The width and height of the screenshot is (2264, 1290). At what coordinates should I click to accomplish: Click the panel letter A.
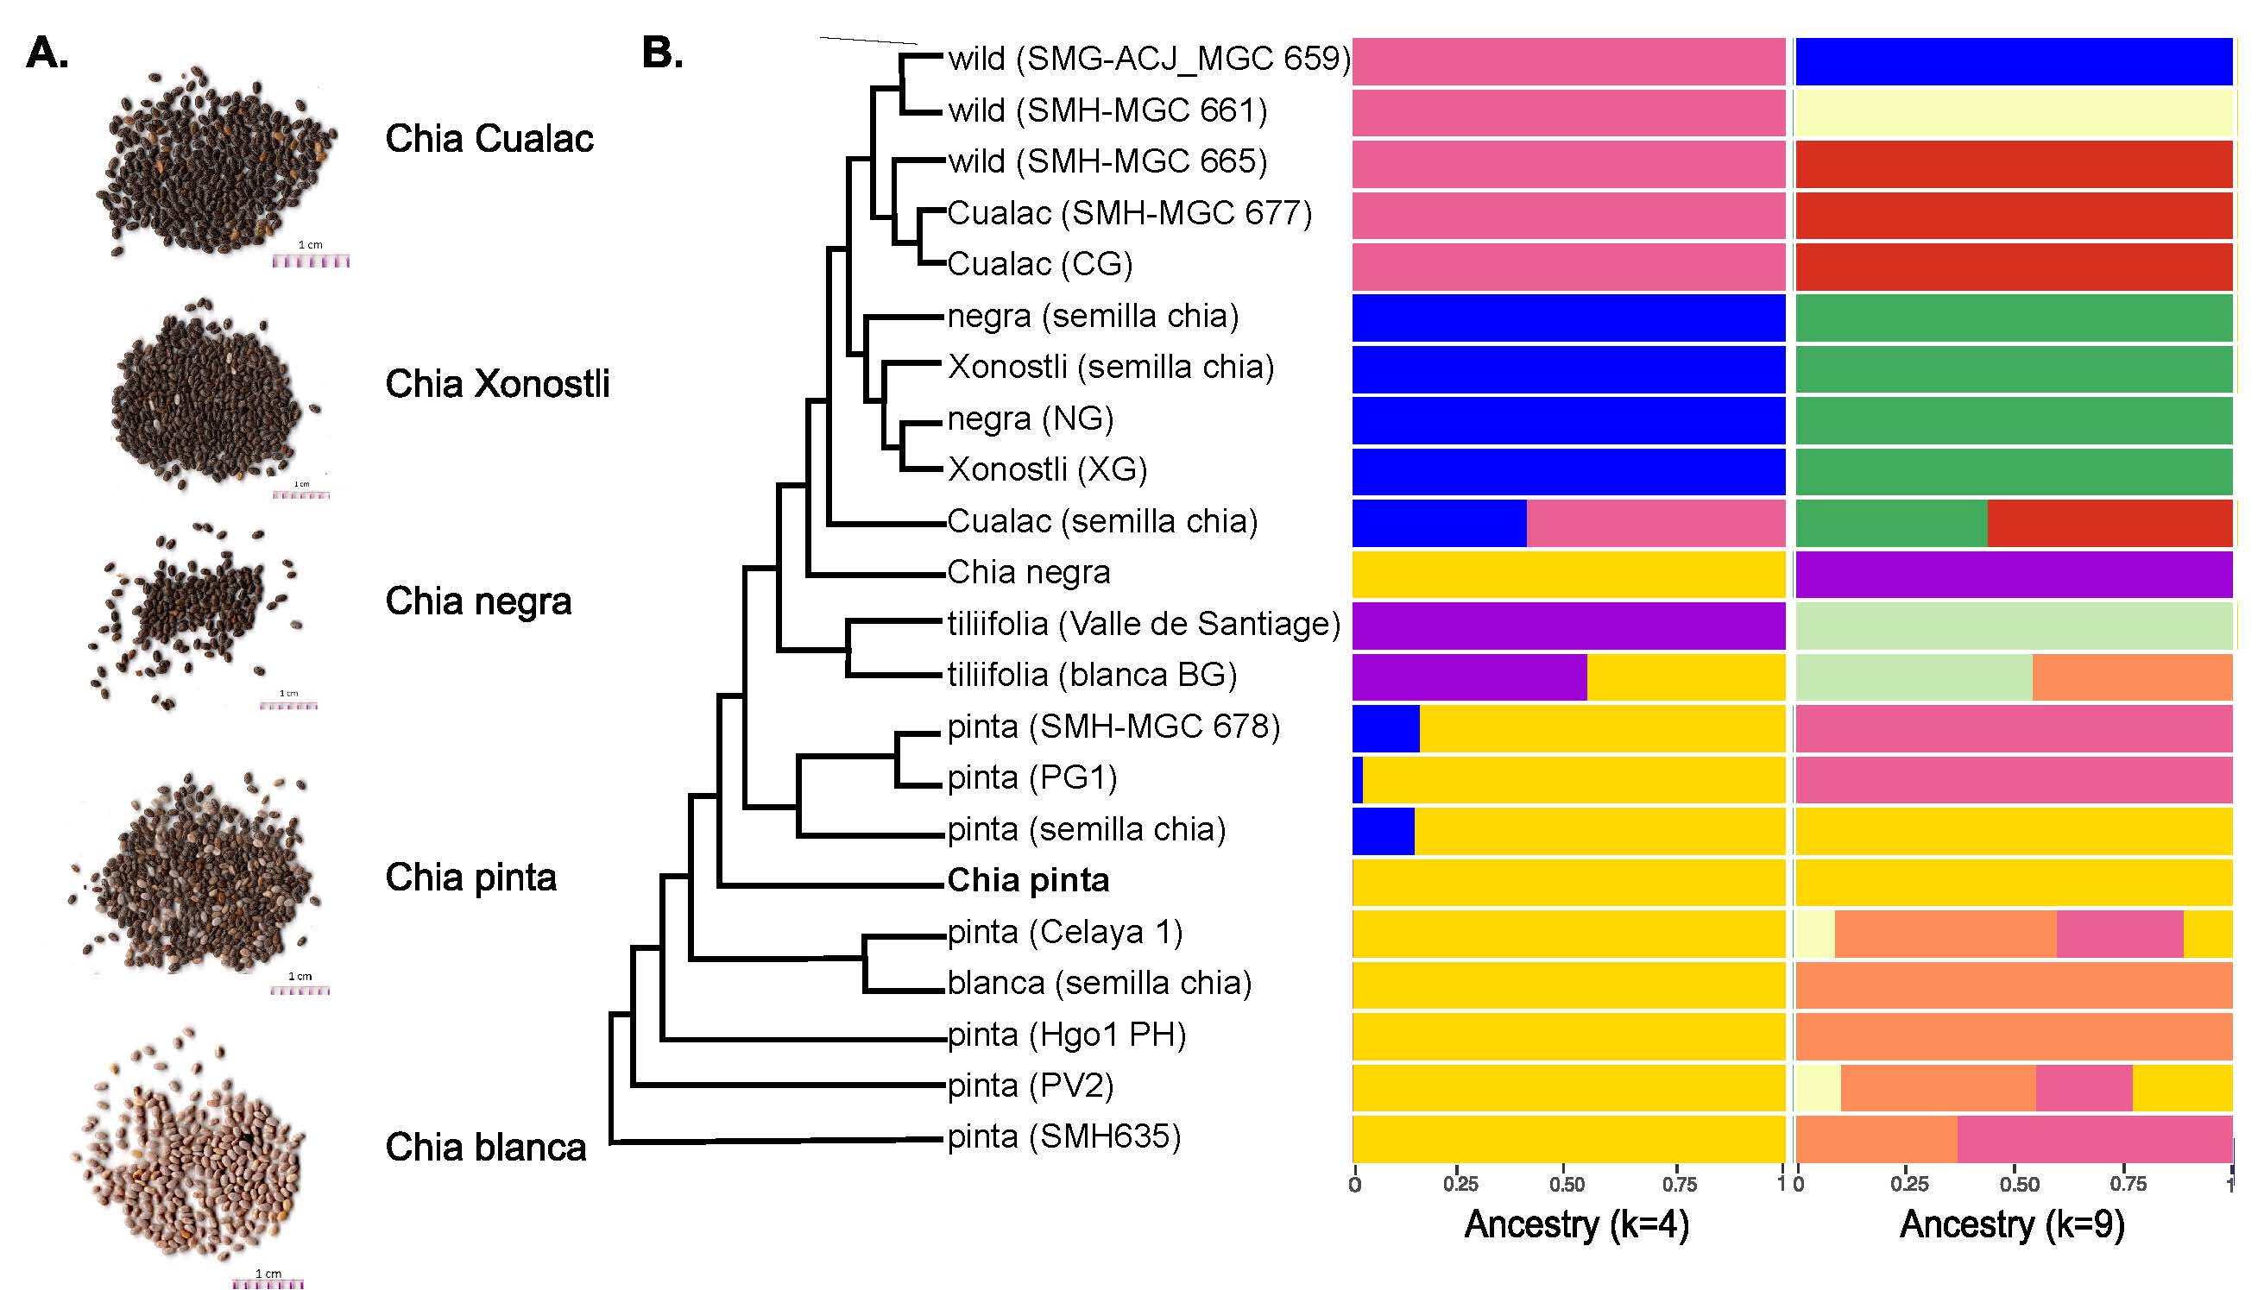pyautogui.click(x=47, y=54)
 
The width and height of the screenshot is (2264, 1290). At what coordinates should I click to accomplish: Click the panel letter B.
pyautogui.click(x=662, y=54)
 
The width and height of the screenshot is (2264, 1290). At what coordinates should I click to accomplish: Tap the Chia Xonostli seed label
pyautogui.click(x=497, y=384)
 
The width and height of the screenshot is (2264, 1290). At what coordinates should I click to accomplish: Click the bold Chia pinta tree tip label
pyautogui.click(x=1028, y=881)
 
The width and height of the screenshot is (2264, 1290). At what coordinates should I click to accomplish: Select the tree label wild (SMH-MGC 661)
pyautogui.click(x=1107, y=110)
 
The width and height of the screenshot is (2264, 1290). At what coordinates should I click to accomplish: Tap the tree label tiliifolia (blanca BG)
pyautogui.click(x=1092, y=675)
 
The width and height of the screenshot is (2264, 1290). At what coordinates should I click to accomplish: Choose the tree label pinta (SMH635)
pyautogui.click(x=1063, y=1136)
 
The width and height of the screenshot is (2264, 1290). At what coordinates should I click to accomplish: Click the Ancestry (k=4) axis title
pyautogui.click(x=1576, y=1224)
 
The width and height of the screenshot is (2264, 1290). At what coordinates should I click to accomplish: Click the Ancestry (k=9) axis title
pyautogui.click(x=2012, y=1224)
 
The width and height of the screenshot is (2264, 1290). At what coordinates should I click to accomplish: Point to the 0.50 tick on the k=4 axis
pyautogui.click(x=1567, y=1184)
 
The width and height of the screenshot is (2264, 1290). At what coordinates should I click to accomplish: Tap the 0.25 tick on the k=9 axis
pyautogui.click(x=1908, y=1184)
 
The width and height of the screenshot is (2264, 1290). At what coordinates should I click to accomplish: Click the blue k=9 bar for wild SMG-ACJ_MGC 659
pyautogui.click(x=2013, y=62)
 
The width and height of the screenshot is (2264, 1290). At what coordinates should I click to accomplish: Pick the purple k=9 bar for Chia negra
pyautogui.click(x=2013, y=574)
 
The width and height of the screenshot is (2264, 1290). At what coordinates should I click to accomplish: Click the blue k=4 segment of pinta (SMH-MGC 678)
pyautogui.click(x=1385, y=728)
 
